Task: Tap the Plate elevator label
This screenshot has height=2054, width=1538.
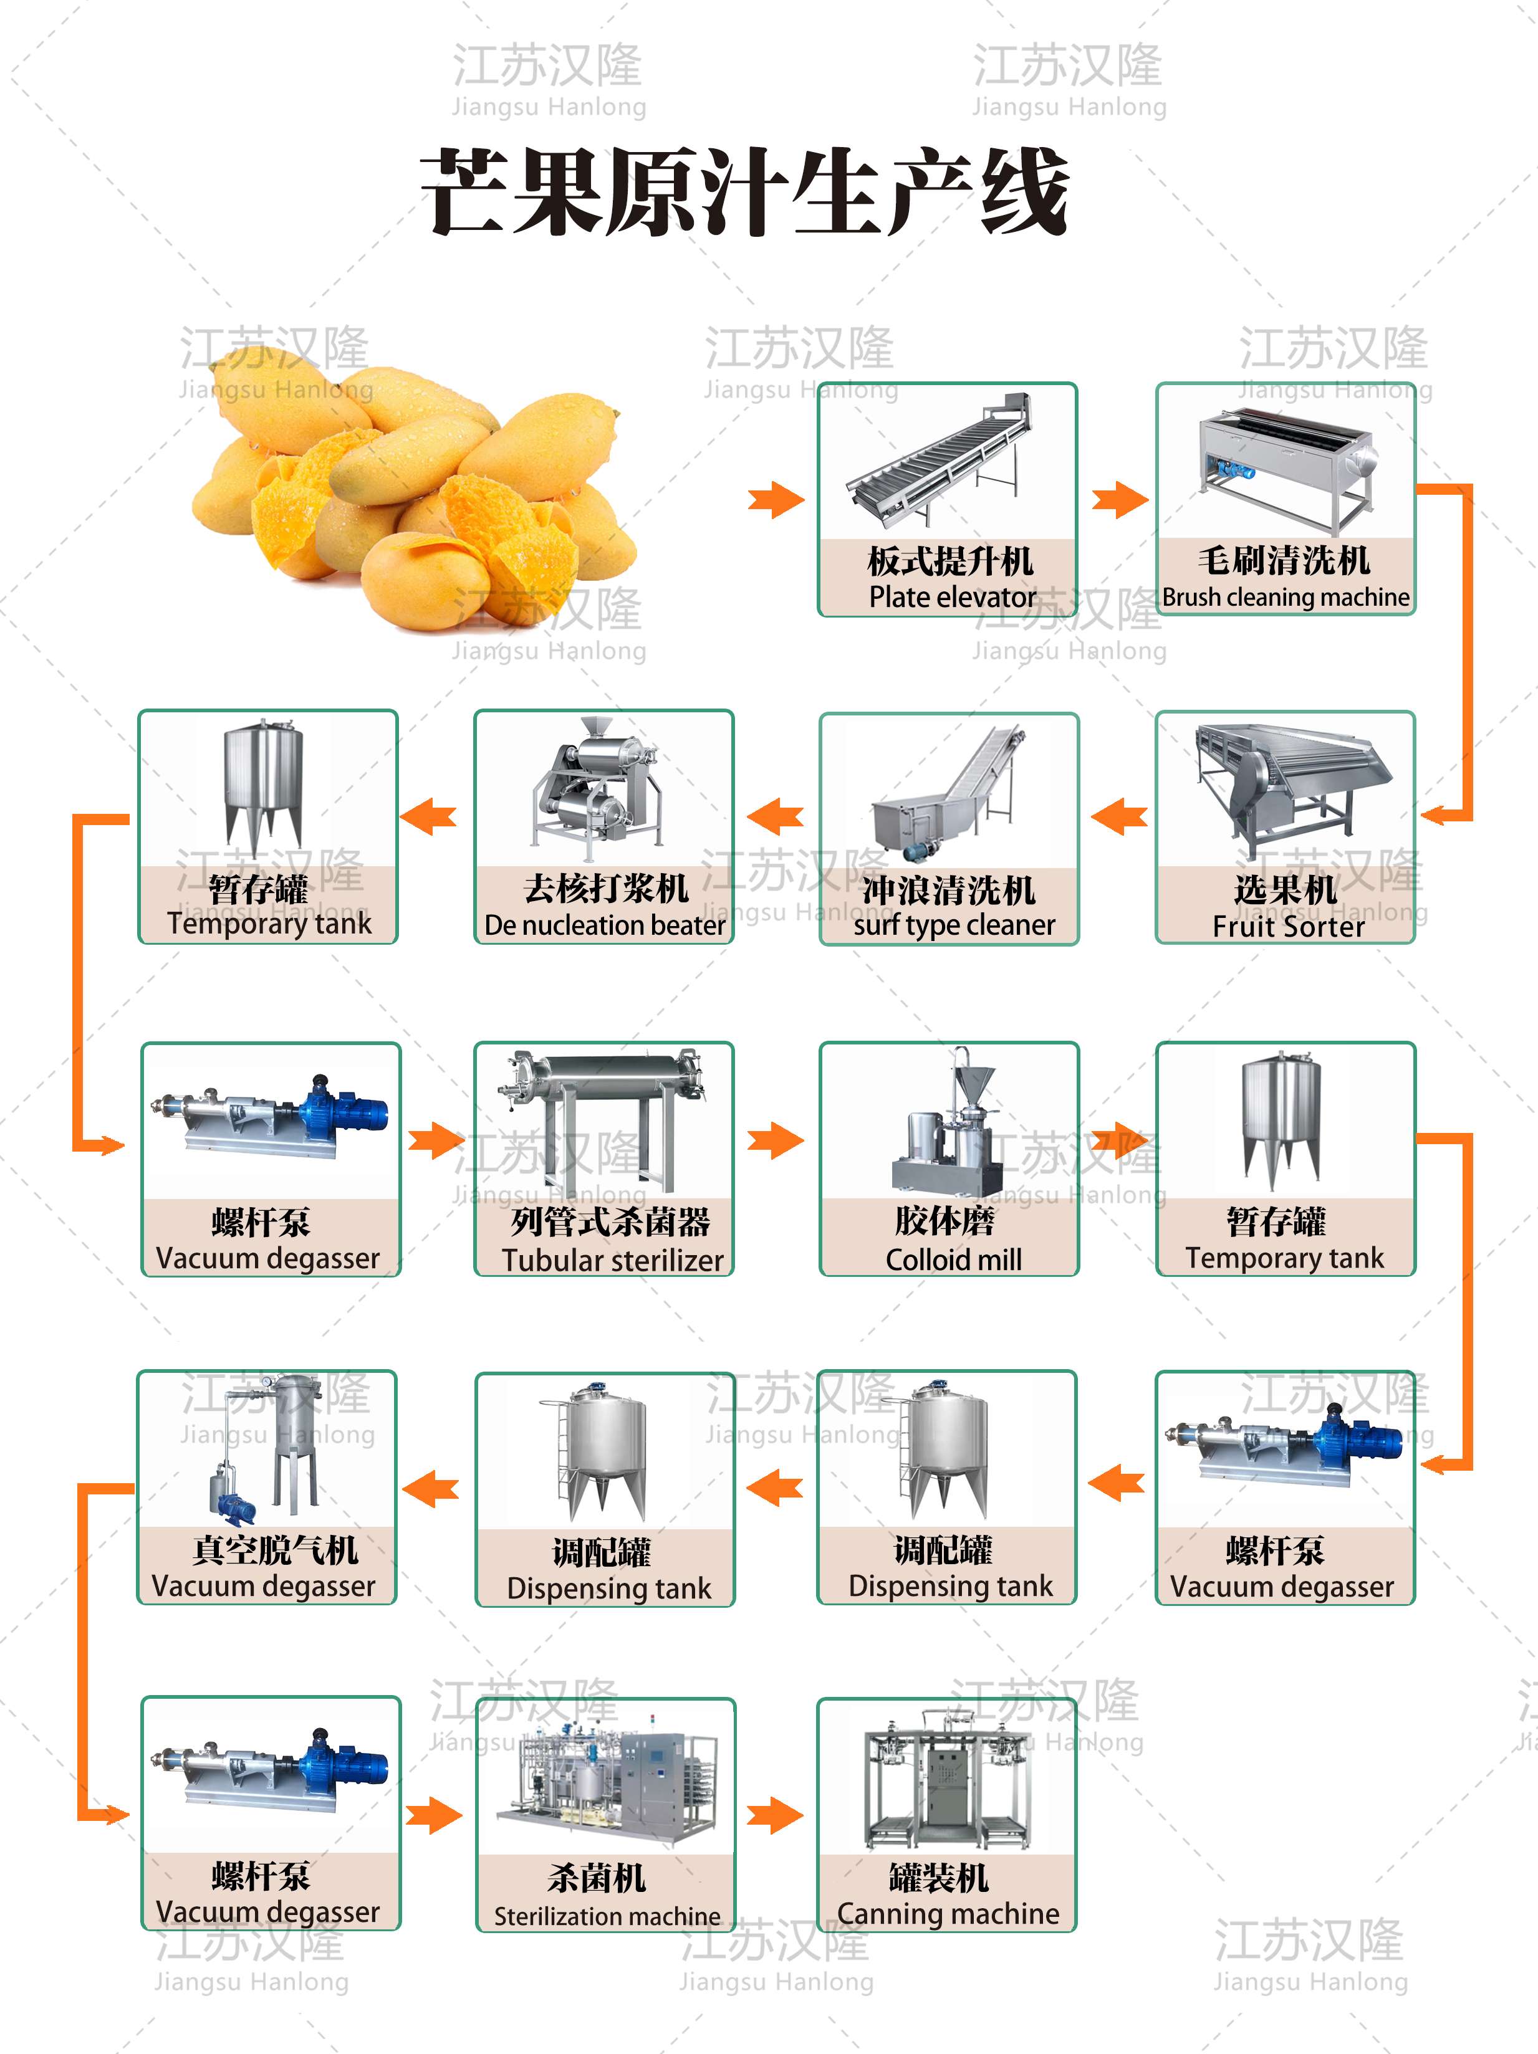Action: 952,597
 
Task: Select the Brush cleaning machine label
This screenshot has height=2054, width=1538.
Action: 1286,597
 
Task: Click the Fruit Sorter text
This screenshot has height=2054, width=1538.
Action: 1288,926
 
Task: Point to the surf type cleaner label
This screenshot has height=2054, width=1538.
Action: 954,925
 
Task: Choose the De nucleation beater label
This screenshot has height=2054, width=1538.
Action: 605,925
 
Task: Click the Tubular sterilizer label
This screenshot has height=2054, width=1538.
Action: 612,1260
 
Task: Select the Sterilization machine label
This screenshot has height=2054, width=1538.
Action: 607,1916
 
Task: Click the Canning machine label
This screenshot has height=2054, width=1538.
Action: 948,1914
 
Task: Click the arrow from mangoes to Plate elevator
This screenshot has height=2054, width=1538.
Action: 776,500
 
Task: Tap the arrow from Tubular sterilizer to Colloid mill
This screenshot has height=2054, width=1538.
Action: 776,1141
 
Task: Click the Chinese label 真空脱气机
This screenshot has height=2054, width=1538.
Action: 275,1550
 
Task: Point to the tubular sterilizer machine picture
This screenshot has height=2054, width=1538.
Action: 603,1119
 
